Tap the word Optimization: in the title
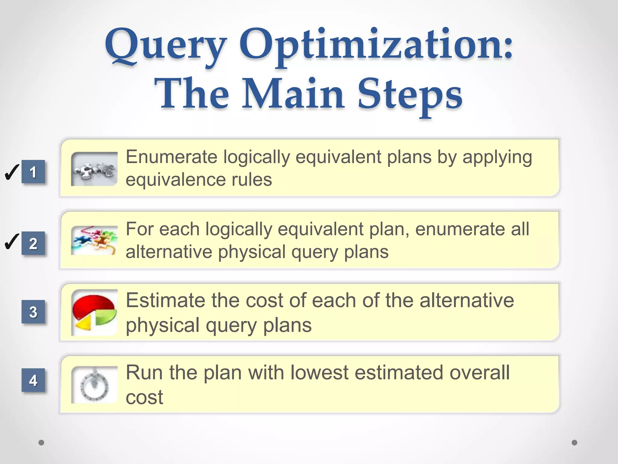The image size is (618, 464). pyautogui.click(x=376, y=45)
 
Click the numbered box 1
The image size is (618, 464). pyautogui.click(x=33, y=172)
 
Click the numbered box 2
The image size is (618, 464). pyautogui.click(x=33, y=243)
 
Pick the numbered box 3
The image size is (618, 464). pyautogui.click(x=33, y=312)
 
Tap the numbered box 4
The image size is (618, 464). pyautogui.click(x=33, y=380)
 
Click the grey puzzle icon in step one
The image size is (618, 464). pyautogui.click(x=94, y=169)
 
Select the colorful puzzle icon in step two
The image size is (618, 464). pyautogui.click(x=94, y=240)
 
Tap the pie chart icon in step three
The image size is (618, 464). pyautogui.click(x=94, y=312)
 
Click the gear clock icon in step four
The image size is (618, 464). pyautogui.click(x=94, y=385)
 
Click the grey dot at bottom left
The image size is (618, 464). pyautogui.click(x=41, y=443)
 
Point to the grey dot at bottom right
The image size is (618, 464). pyautogui.click(x=575, y=443)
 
